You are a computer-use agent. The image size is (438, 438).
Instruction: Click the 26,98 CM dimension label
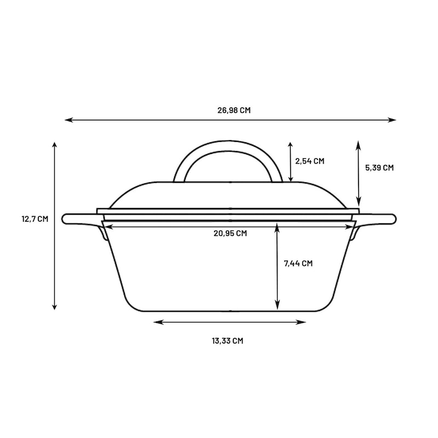point(234,111)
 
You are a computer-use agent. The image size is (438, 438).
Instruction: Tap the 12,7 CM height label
point(35,219)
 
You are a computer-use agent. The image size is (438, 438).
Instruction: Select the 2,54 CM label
point(310,161)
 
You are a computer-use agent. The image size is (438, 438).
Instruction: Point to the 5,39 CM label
point(379,168)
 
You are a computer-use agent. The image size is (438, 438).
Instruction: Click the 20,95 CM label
point(230,233)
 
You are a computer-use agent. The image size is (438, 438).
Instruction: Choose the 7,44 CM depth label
point(298,263)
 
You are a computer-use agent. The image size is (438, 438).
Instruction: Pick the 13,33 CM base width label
point(227,341)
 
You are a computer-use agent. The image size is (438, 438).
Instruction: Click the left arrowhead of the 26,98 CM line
point(69,120)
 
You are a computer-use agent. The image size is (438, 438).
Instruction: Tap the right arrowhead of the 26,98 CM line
point(391,120)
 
